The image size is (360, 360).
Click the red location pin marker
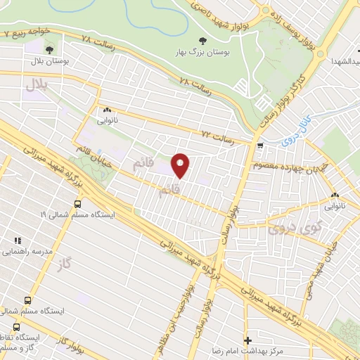(x=181, y=166)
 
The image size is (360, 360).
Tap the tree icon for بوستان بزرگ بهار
(x=203, y=41)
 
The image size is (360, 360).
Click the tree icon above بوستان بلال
(x=49, y=49)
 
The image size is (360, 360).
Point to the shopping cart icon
(x=261, y=146)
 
